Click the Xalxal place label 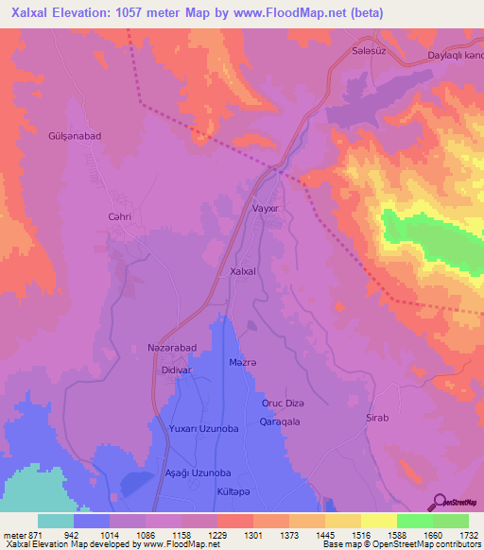coord(244,271)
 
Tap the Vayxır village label coord(268,208)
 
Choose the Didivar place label coord(177,371)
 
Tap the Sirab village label coord(377,417)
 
